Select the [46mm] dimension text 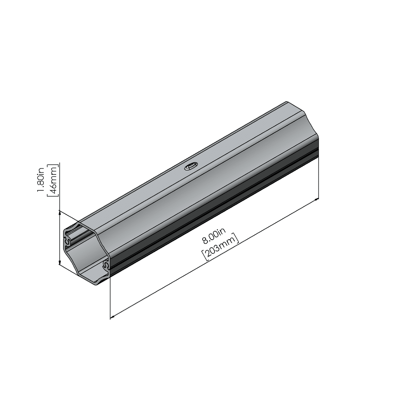(x=53, y=181)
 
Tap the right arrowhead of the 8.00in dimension (x=316, y=199)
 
